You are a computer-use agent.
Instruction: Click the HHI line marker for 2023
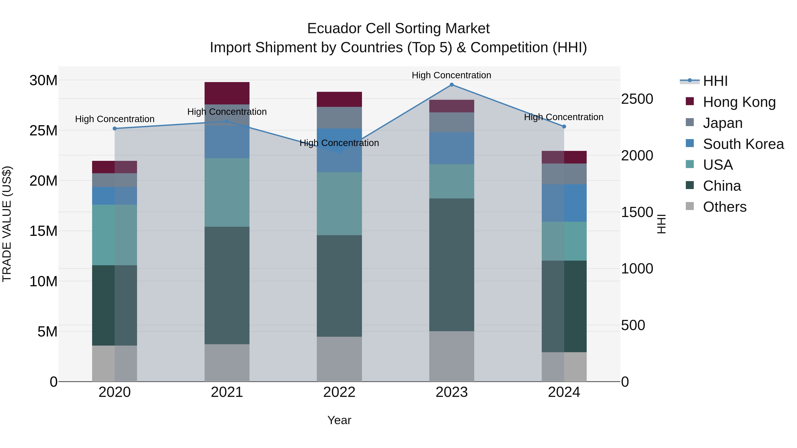(x=451, y=85)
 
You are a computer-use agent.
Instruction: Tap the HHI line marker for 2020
(x=114, y=129)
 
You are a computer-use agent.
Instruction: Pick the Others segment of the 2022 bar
(x=339, y=359)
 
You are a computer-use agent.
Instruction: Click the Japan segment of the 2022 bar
(x=339, y=117)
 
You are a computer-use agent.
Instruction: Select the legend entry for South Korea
(x=743, y=144)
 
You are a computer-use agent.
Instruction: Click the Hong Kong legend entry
(x=739, y=102)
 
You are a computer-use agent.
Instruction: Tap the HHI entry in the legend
(x=715, y=81)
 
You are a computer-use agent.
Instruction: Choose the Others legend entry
(x=724, y=207)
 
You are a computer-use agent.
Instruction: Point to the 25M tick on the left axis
(x=43, y=131)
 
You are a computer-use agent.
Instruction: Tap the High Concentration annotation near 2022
(x=339, y=143)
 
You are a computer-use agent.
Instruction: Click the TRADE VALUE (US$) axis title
(x=7, y=224)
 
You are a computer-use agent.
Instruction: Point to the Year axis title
(x=339, y=420)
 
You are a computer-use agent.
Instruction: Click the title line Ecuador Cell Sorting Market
(x=398, y=29)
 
